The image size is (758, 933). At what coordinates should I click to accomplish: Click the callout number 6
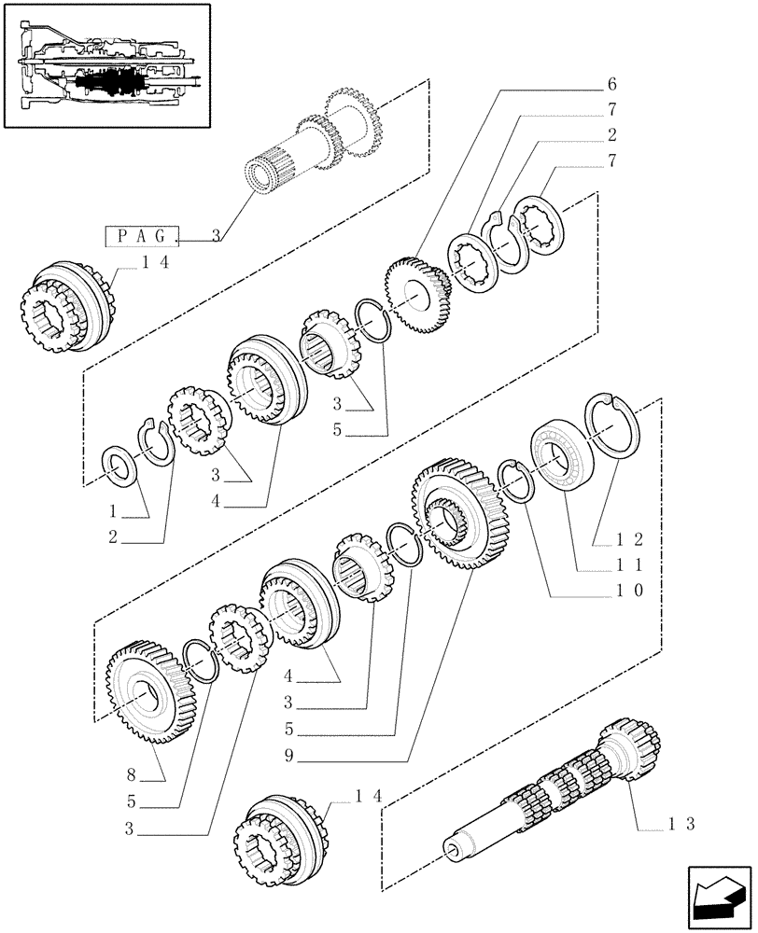coord(613,84)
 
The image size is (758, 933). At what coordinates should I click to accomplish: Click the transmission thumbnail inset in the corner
coord(105,65)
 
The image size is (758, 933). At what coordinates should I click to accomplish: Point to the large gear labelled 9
coord(461,513)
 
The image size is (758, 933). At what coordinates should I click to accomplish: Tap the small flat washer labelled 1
coord(119,463)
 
